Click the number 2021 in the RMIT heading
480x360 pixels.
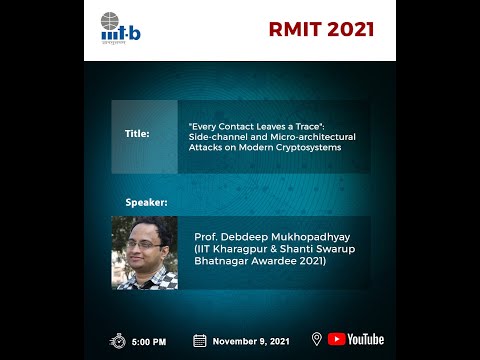tap(347, 29)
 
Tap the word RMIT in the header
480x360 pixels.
tap(294, 29)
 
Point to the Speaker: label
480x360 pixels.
tap(146, 202)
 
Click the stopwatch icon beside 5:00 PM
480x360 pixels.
tap(118, 341)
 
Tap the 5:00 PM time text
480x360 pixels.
tap(148, 342)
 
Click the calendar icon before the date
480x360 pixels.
tap(199, 341)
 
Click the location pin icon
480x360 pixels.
tap(316, 340)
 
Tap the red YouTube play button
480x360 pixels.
tap(336, 340)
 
